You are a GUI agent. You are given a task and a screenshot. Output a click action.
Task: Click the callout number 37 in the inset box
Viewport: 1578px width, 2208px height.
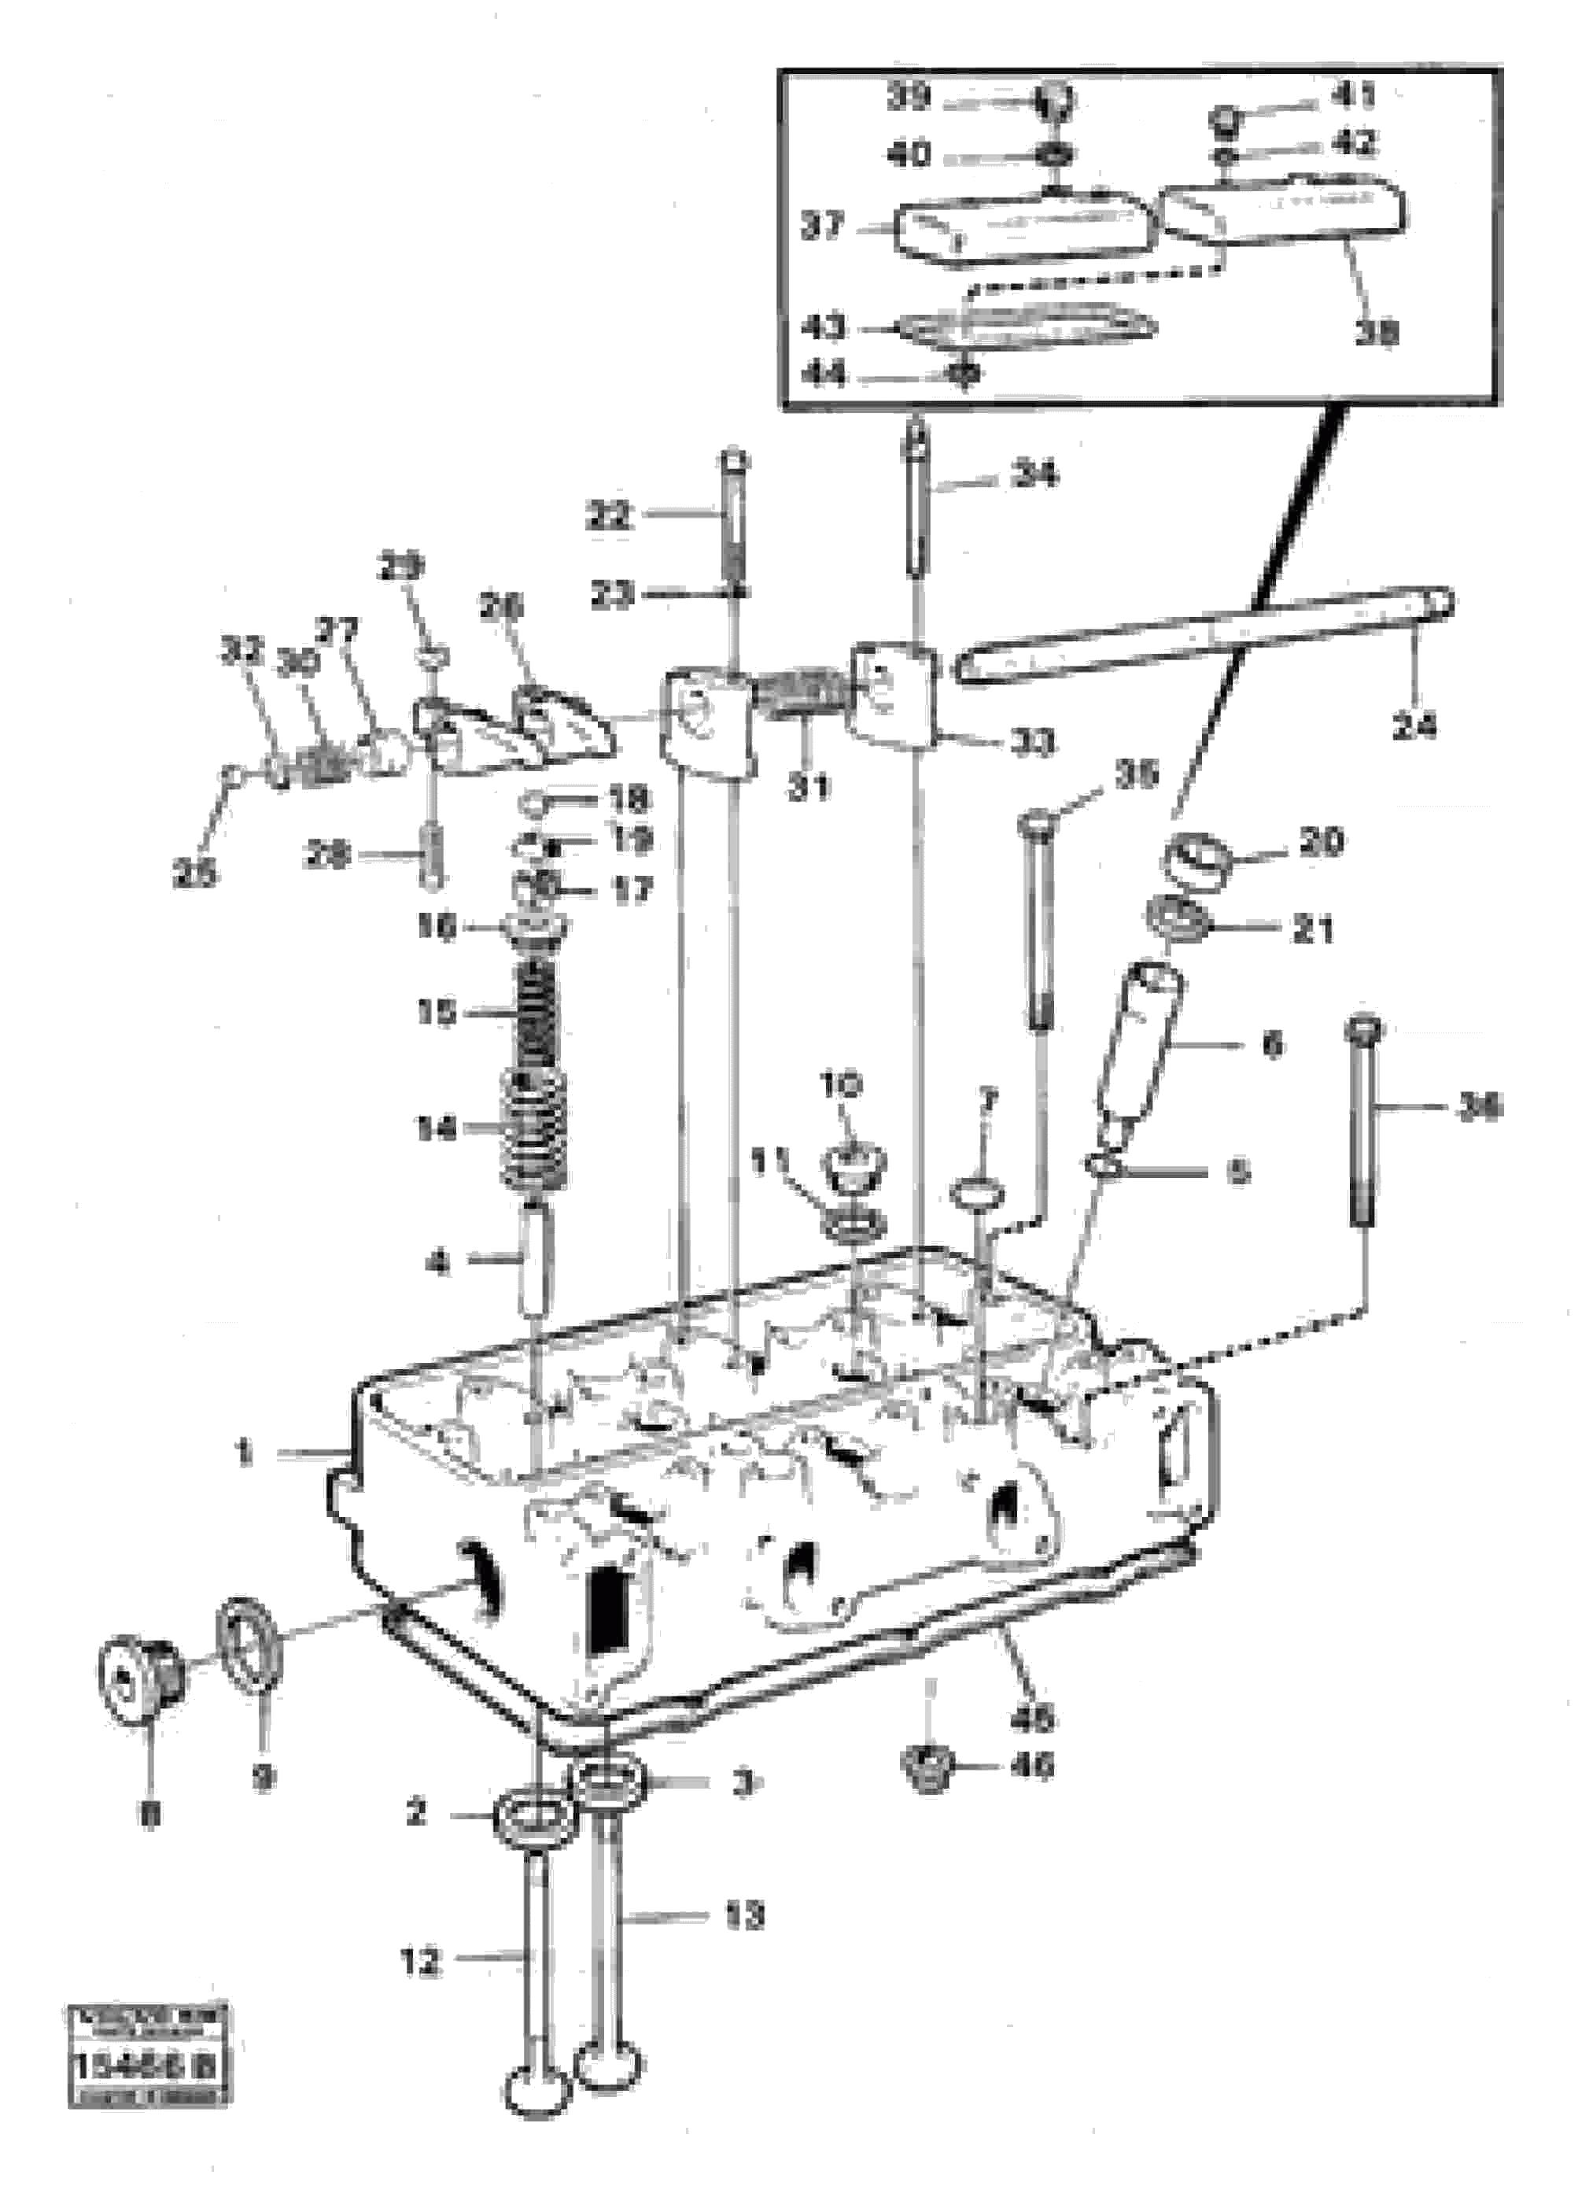tap(822, 227)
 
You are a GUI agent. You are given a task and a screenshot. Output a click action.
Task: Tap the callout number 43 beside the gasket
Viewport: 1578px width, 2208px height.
tap(823, 327)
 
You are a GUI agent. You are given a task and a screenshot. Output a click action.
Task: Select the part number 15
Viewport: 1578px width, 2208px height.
tap(437, 1012)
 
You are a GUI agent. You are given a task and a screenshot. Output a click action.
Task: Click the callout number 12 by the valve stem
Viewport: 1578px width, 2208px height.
tap(421, 1962)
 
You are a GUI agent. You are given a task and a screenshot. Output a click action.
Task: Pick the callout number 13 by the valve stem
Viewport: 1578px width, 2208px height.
tap(744, 1915)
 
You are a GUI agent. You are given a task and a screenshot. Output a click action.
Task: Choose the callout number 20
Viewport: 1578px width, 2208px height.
tap(1321, 842)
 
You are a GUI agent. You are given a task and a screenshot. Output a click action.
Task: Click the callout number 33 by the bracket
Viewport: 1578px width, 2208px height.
tap(1032, 744)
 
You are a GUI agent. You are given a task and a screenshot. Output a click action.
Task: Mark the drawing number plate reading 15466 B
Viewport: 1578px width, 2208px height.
tap(148, 2065)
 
